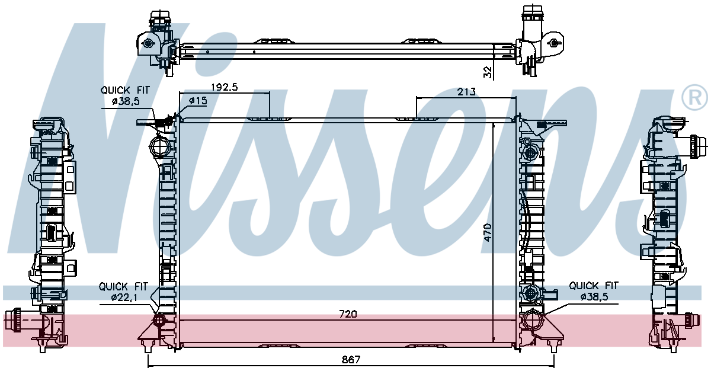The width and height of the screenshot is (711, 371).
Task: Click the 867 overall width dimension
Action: pyautogui.click(x=351, y=360)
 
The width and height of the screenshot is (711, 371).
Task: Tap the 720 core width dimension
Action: pyautogui.click(x=348, y=314)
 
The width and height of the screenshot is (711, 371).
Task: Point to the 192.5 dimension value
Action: pyautogui.click(x=225, y=87)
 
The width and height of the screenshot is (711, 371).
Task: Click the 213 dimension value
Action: pyautogui.click(x=466, y=92)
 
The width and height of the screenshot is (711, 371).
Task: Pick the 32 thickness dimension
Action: pyautogui.click(x=488, y=72)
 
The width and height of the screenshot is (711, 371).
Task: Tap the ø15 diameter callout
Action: pyautogui.click(x=198, y=101)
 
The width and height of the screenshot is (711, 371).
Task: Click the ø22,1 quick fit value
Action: pyautogui.click(x=123, y=298)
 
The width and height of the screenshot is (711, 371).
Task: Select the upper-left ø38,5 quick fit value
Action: pyautogui.click(x=126, y=101)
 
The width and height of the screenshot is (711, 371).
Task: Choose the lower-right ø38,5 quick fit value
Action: pyautogui.click(x=594, y=297)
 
